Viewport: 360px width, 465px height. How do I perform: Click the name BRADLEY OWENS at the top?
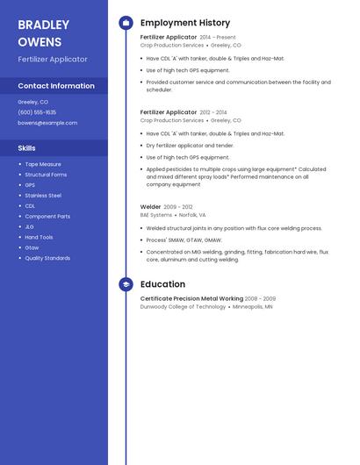pos(43,33)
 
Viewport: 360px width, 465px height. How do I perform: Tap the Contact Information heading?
pos(56,86)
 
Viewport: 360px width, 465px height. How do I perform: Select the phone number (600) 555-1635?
pos(37,112)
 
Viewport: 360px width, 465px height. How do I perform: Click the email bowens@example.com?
pos(47,123)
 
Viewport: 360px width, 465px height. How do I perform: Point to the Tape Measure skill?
pos(43,164)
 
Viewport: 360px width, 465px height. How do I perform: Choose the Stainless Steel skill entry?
pos(43,195)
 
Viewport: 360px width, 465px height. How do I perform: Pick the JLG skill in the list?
pos(30,226)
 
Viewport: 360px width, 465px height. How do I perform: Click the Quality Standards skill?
pos(47,258)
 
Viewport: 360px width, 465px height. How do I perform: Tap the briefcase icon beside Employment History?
pos(126,23)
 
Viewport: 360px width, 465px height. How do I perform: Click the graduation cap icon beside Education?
pos(126,284)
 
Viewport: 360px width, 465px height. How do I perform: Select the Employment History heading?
pos(185,23)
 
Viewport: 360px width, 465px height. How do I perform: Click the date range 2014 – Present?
pos(218,38)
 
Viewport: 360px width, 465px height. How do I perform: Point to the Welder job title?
pos(150,207)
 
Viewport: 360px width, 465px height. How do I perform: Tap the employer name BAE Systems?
pos(156,215)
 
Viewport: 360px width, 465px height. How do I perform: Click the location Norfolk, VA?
pos(192,215)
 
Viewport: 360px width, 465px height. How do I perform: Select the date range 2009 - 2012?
pos(178,207)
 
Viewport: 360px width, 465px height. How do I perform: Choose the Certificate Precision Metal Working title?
pos(191,299)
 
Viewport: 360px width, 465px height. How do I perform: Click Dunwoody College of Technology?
pos(183,307)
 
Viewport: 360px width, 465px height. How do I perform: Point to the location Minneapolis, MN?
pos(252,307)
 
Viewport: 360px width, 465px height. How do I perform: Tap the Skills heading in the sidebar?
pos(27,147)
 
